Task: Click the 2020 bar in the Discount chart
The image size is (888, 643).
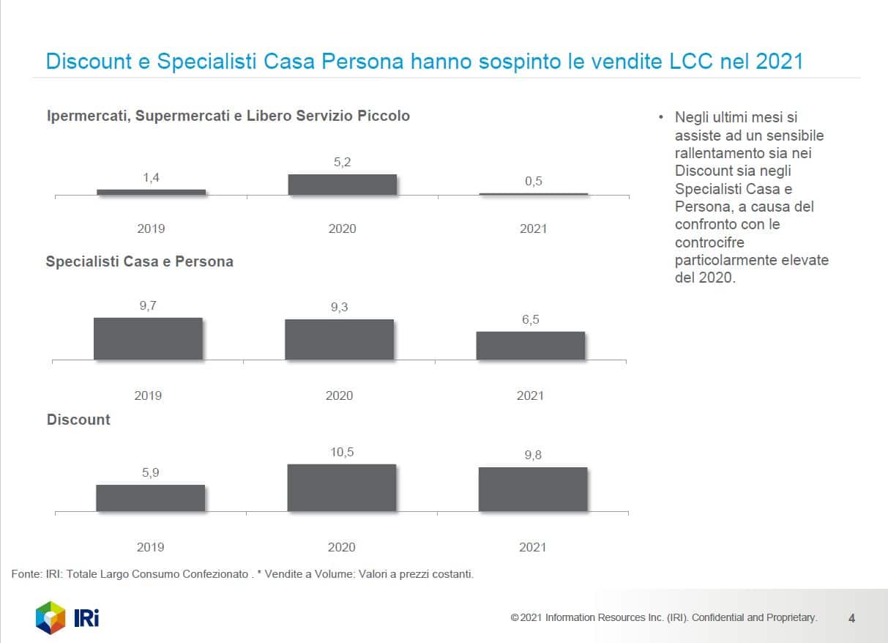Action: pos(341,488)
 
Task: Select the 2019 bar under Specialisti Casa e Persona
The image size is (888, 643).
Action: pos(148,338)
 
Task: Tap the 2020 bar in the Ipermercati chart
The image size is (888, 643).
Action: pos(342,185)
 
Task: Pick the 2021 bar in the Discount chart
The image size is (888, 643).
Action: pos(533,489)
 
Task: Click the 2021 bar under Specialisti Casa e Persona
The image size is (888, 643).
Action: pos(531,346)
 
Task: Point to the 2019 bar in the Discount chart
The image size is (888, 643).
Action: pos(150,498)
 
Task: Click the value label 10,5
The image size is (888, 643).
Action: pos(342,453)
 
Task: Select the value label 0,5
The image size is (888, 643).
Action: pos(534,182)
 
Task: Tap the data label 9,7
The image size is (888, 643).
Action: pos(148,306)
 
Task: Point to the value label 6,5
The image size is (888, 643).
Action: pos(531,320)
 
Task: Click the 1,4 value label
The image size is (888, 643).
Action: pos(151,178)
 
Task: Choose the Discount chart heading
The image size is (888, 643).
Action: pos(78,420)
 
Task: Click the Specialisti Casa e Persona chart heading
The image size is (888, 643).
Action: pos(139,261)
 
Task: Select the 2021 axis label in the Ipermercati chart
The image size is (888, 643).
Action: pos(533,228)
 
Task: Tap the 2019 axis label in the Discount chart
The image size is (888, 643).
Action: pos(151,547)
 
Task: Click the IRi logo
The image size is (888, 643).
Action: pos(67,617)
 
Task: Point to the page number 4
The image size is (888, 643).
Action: pos(851,618)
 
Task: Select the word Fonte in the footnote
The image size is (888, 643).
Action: pos(26,574)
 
